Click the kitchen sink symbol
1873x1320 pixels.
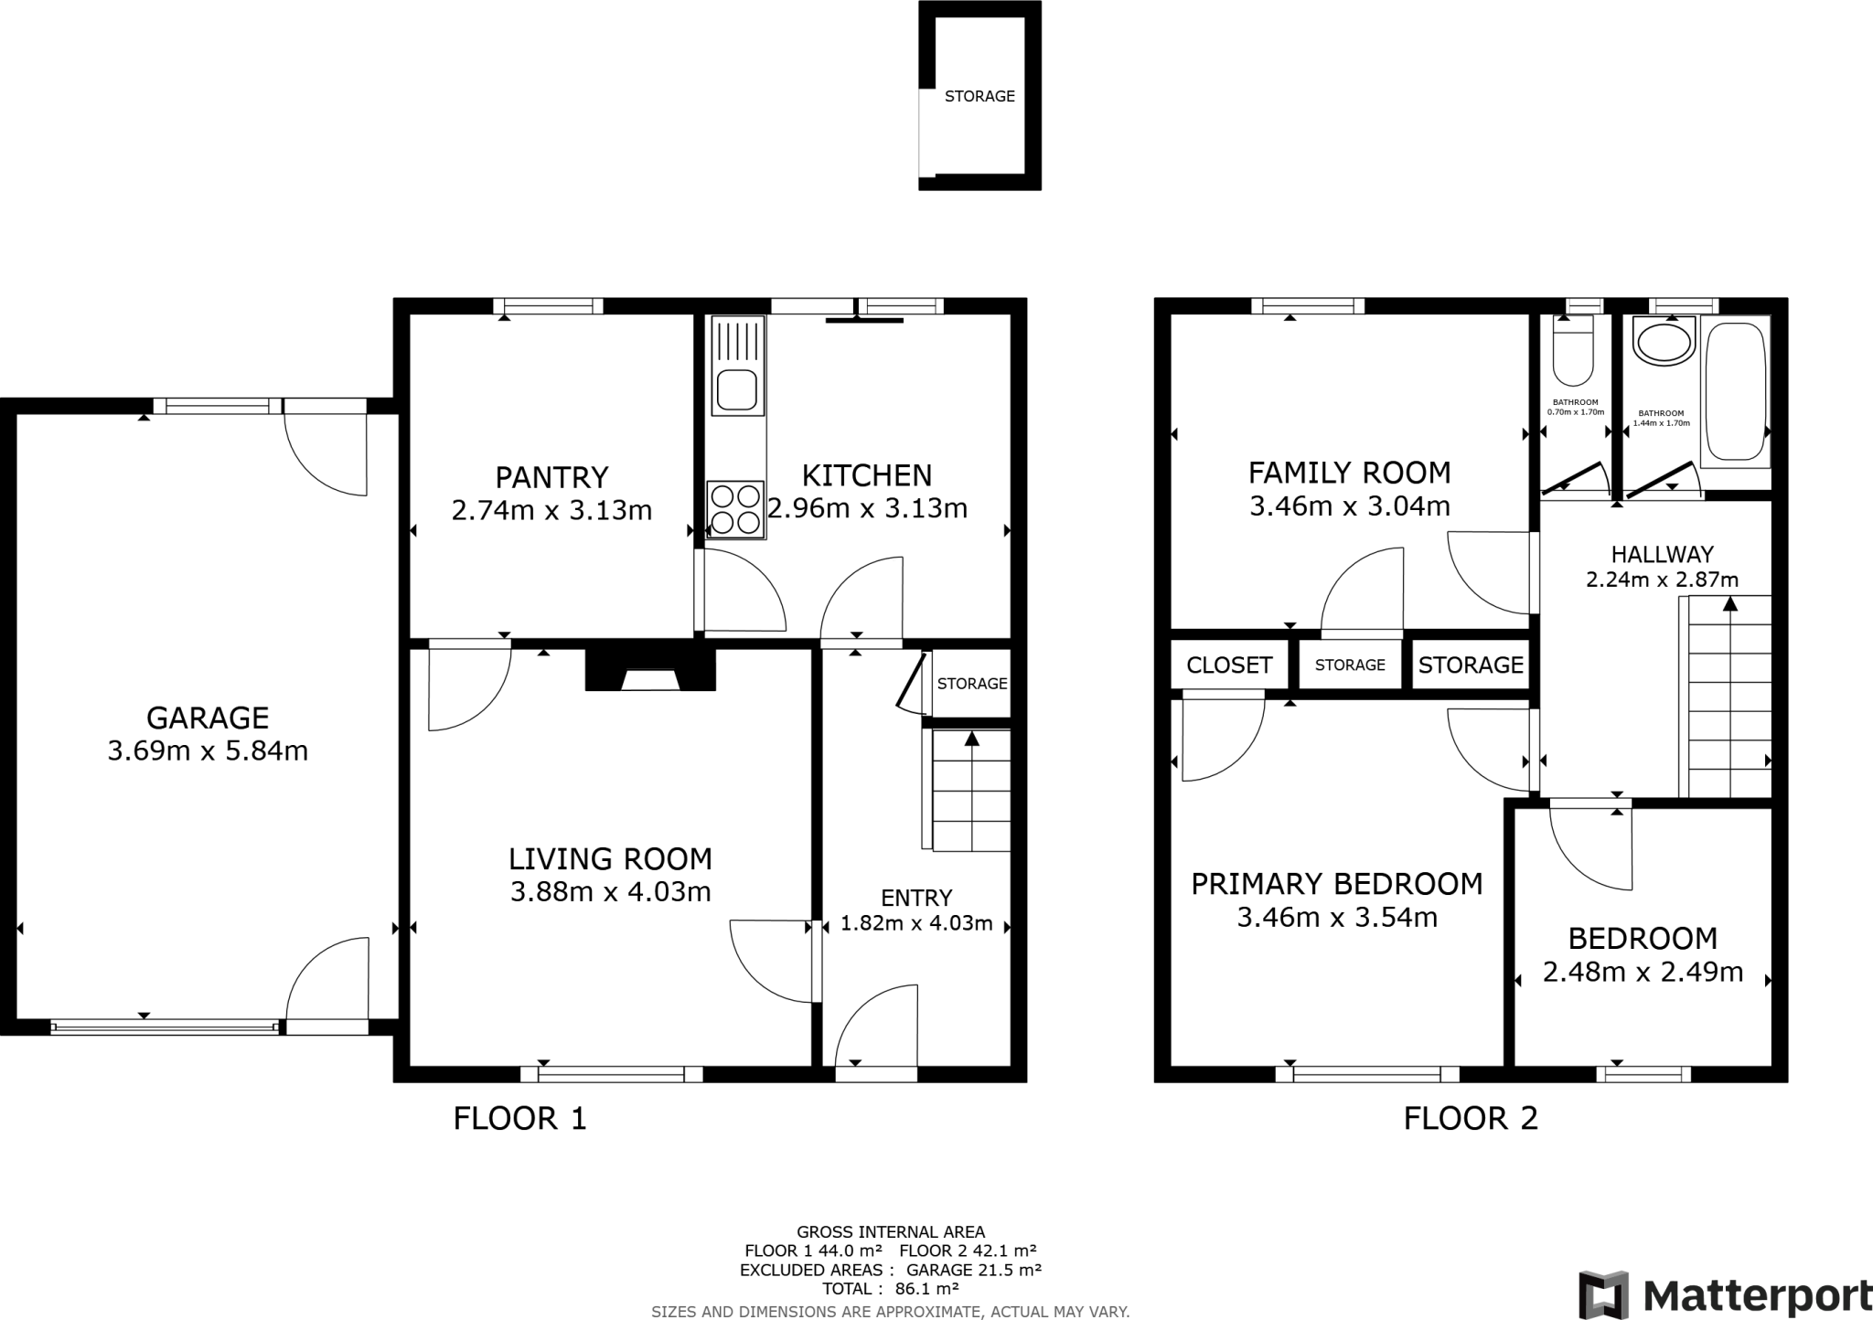tap(737, 367)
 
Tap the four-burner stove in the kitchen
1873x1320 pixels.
tap(736, 509)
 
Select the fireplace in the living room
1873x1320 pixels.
tap(650, 669)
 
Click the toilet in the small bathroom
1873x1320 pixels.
tap(1574, 352)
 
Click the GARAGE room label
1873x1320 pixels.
tap(208, 718)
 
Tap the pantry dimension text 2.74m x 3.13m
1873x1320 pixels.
tap(551, 510)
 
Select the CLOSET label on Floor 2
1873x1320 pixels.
tap(1229, 665)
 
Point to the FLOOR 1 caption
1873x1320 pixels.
tap(519, 1119)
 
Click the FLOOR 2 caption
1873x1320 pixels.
tap(1471, 1119)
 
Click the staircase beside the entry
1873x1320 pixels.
tap(970, 791)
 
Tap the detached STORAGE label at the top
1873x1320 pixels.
tap(979, 96)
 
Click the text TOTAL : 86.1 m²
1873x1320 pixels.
tap(890, 1289)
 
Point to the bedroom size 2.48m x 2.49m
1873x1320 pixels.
tap(1643, 972)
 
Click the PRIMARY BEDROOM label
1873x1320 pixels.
tap(1336, 884)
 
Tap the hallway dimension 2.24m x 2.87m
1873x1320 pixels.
tap(1662, 580)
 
